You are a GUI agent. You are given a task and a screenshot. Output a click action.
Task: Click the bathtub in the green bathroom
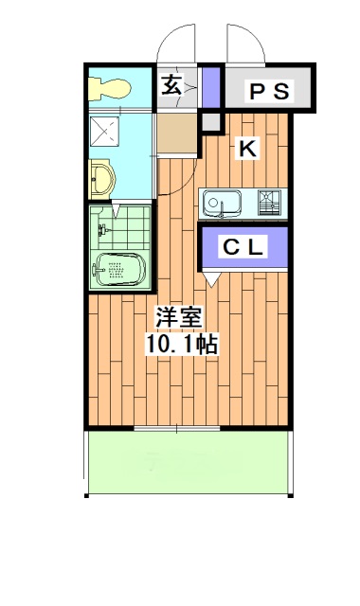tap(119, 270)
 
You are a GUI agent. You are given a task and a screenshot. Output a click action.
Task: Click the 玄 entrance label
tap(172, 85)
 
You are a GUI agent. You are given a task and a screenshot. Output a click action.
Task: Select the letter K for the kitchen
tap(247, 148)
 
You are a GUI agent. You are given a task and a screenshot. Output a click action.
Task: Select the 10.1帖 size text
tap(182, 344)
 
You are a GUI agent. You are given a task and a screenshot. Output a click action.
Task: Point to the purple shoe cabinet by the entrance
tap(211, 87)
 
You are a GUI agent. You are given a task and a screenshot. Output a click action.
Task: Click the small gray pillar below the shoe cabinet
tap(210, 122)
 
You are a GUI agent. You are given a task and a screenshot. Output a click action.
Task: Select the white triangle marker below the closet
tap(212, 278)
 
